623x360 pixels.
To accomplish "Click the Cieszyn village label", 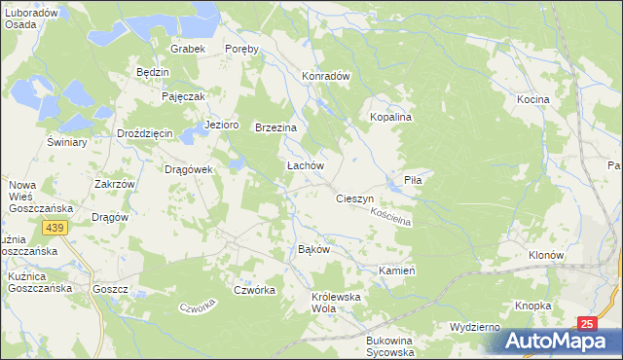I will coord(355,198).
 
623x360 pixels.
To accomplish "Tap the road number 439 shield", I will coord(54,227).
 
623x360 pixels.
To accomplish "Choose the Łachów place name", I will coord(304,166).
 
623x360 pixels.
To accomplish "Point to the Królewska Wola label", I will coord(337,303).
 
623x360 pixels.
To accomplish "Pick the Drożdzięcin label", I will coord(144,133).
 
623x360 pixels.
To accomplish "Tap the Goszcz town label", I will coord(111,289).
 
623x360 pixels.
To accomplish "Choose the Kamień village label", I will coord(397,270).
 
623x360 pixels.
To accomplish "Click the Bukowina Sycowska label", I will coord(389,346).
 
